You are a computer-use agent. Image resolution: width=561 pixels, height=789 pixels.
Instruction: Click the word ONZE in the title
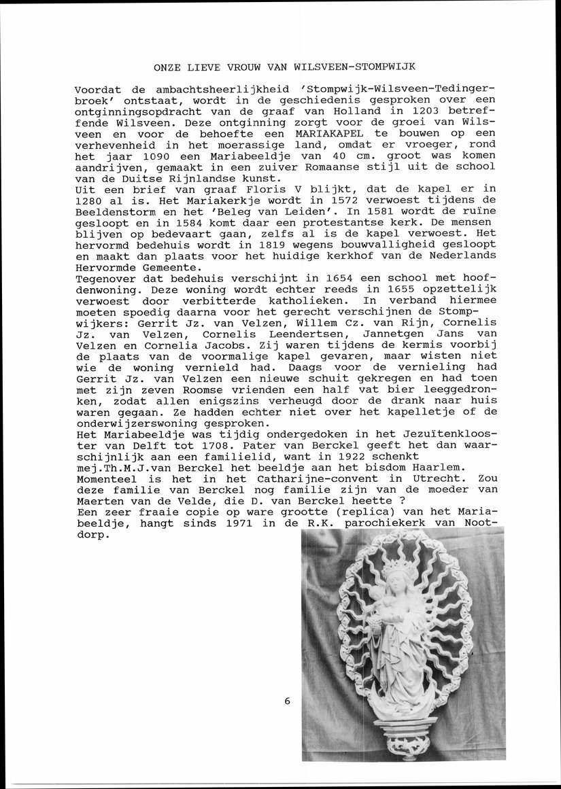click(167, 67)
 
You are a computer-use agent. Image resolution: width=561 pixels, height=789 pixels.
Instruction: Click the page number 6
click(288, 701)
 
